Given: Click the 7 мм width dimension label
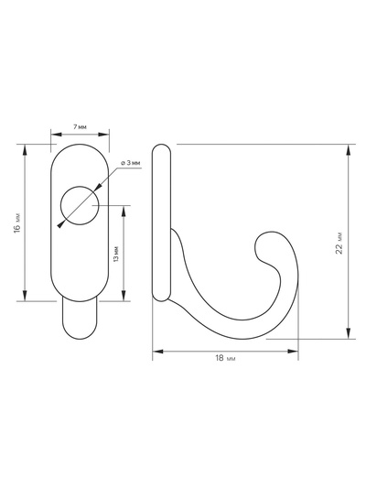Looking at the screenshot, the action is tap(80, 127).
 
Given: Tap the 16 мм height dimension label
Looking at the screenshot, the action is tap(17, 222).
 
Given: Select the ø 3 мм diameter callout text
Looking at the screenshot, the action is tap(131, 163).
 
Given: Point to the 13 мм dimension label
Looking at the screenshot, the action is tap(116, 254).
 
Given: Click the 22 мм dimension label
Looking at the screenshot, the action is tap(339, 243).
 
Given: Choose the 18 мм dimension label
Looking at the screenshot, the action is tap(225, 358).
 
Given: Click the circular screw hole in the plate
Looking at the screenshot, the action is tap(80, 205).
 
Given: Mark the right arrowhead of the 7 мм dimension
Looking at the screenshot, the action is tap(103, 135).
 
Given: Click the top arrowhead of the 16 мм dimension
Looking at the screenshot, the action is tap(25, 150).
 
